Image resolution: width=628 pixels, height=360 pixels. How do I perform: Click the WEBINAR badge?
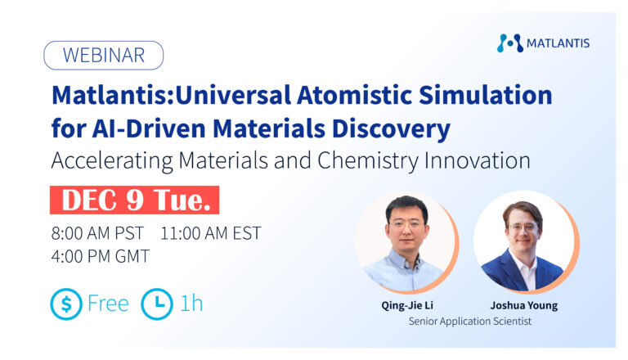tap(103, 56)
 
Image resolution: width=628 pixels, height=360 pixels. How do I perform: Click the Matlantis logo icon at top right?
tap(509, 43)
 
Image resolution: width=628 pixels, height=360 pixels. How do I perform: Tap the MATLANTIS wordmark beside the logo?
tap(558, 43)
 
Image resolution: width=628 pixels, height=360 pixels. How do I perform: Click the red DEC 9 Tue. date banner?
tap(134, 200)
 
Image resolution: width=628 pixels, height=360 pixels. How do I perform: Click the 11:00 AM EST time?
tap(211, 233)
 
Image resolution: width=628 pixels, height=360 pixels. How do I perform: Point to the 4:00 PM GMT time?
tap(101, 256)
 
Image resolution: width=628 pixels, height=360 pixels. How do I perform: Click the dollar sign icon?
tap(66, 304)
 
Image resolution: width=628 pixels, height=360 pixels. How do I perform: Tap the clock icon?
tap(157, 304)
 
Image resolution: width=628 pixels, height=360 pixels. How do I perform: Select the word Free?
tap(108, 304)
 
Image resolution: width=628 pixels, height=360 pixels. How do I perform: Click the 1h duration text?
tap(191, 304)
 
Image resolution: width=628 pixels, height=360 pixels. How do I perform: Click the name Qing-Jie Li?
tap(406, 306)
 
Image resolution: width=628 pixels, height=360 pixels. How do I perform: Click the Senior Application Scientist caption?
tap(469, 322)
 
